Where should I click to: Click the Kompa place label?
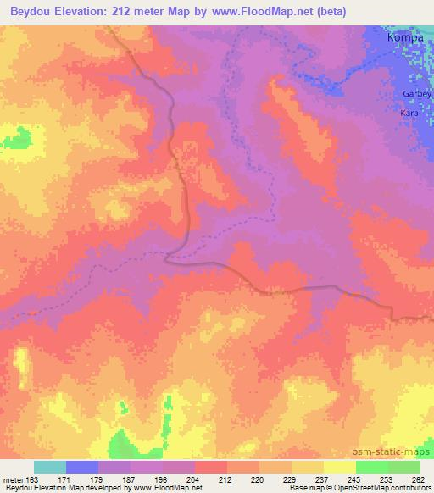click(404, 37)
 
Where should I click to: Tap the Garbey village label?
click(418, 94)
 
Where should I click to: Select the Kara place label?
click(410, 111)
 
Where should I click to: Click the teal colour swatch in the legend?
click(49, 467)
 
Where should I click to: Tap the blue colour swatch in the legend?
click(82, 467)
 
